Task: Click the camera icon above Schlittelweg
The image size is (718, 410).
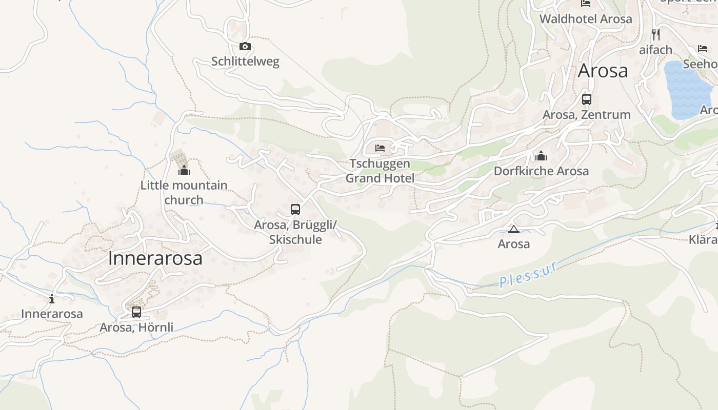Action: pos(245,47)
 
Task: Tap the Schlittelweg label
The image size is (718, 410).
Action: pos(245,61)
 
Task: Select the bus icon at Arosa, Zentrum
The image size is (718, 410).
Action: pos(587,99)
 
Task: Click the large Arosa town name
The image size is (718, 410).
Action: pos(603,71)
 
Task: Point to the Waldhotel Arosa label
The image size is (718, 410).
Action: pos(586,19)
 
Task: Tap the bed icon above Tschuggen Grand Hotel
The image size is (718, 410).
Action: pos(380,148)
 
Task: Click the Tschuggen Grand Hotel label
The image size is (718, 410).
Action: pos(380,171)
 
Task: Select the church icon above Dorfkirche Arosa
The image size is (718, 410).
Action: pos(541,156)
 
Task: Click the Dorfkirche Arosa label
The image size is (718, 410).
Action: pos(541,171)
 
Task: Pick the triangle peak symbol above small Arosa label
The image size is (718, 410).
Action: pos(513,229)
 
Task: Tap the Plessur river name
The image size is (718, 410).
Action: pos(528,275)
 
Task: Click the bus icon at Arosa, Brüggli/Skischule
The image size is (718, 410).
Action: pos(295,209)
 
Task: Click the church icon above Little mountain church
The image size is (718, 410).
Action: pos(184,170)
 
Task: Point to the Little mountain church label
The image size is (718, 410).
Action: pos(184,192)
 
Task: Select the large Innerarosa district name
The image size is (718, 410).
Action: pos(155,258)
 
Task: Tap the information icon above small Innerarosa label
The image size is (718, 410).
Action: pos(52,299)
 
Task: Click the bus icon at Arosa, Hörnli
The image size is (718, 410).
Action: pos(136,312)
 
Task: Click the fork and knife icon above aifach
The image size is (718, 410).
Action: pos(655,34)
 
